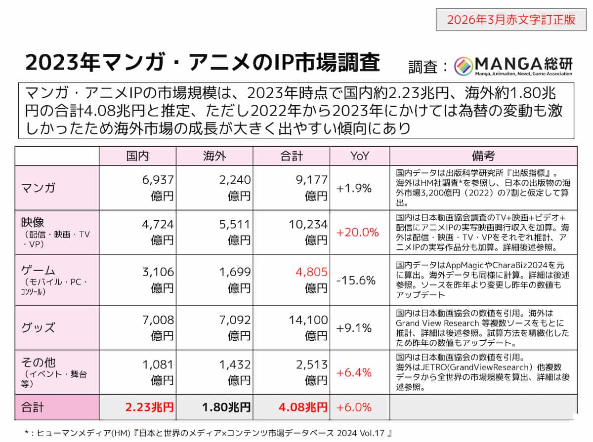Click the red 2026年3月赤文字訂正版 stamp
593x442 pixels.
click(x=511, y=20)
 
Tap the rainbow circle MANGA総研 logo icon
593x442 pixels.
click(x=463, y=66)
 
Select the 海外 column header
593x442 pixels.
click(x=214, y=156)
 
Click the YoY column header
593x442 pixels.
click(x=360, y=156)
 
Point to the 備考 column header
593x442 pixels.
click(x=483, y=156)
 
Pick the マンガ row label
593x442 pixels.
click(x=38, y=188)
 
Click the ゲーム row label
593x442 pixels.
click(x=38, y=270)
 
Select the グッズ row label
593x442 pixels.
click(x=38, y=327)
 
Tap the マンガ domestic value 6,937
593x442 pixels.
click(x=158, y=180)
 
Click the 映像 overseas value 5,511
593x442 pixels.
click(x=235, y=224)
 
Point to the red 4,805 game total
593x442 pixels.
click(x=311, y=272)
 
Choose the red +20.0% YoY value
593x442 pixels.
click(x=357, y=233)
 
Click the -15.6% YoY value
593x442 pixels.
click(x=356, y=281)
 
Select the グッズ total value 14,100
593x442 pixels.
click(x=308, y=320)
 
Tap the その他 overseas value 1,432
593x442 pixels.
click(x=235, y=364)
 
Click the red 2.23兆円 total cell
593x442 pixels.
click(x=149, y=407)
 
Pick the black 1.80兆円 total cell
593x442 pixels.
click(x=226, y=407)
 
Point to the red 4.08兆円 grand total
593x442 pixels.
click(x=303, y=407)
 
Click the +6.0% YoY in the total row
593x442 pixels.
click(x=354, y=407)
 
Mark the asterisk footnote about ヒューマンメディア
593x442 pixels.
click(x=209, y=433)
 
